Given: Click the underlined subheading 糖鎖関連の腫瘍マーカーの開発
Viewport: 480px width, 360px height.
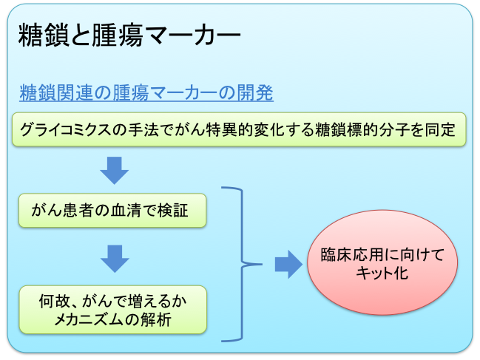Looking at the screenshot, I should [146, 93].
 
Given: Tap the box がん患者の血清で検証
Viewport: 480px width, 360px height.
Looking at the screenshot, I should [110, 211].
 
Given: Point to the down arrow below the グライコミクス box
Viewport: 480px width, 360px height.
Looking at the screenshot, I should [114, 170].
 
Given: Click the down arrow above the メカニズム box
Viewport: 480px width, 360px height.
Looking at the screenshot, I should [114, 258].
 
